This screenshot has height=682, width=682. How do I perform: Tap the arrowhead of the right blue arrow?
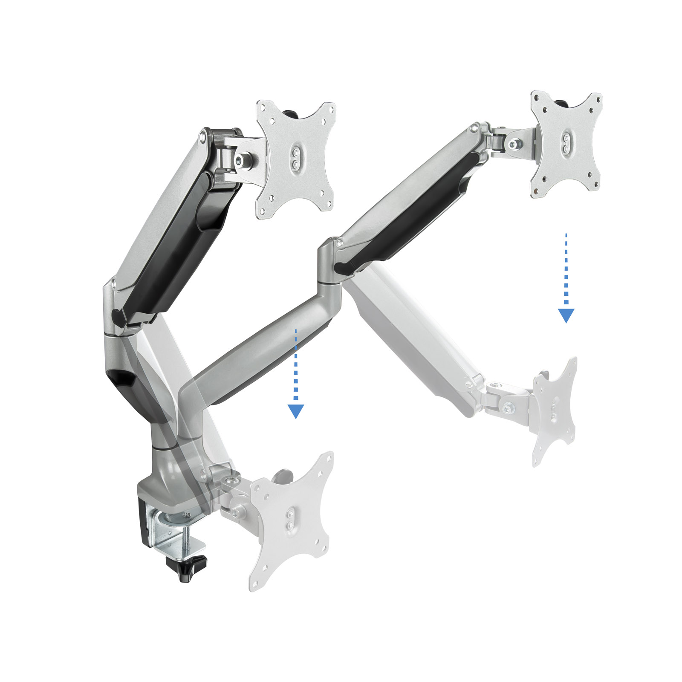566,316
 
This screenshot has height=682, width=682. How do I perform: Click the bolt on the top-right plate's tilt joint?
514,145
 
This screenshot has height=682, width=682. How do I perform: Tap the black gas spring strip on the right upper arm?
409,213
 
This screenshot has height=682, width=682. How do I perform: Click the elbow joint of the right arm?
330,264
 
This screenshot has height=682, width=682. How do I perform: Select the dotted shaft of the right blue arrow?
566,269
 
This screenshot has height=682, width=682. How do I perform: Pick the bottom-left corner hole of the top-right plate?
536,190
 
